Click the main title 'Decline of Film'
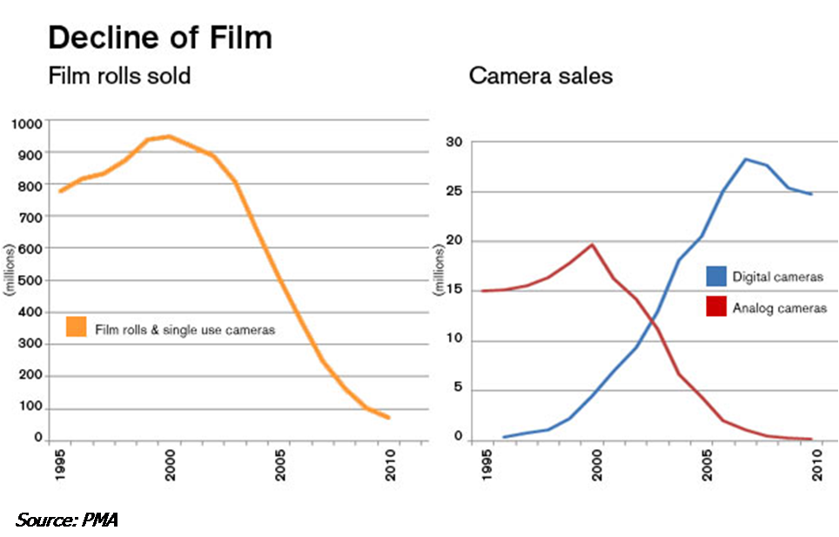point(159,38)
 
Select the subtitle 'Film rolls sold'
point(118,77)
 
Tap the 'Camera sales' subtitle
point(540,77)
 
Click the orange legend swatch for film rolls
point(77,327)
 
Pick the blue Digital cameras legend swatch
point(715,278)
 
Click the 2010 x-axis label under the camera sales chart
point(818,469)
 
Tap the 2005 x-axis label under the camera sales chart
point(710,469)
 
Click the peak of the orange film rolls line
point(169,136)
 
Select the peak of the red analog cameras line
point(592,245)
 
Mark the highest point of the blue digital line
point(746,159)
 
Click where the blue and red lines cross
point(650,321)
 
